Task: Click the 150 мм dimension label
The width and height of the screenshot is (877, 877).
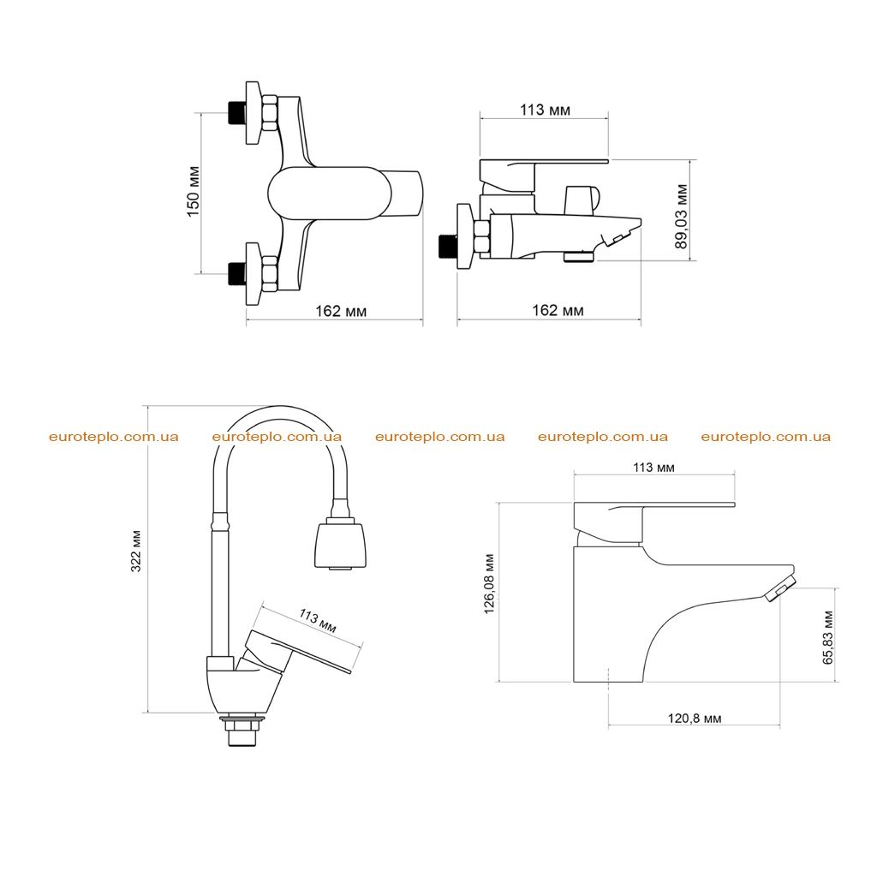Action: click(193, 191)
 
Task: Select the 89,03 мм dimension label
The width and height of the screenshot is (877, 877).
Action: click(681, 216)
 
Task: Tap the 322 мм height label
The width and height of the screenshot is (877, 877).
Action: click(136, 551)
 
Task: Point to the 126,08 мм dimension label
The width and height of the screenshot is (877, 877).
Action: click(489, 584)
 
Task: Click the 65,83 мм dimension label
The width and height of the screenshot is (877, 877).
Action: click(828, 637)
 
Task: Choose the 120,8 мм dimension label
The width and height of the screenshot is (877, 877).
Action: click(695, 719)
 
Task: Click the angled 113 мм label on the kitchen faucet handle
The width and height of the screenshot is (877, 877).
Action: click(318, 621)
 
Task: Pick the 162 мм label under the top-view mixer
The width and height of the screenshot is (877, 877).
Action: click(341, 311)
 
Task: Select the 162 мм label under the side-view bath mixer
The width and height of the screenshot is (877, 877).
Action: click(558, 310)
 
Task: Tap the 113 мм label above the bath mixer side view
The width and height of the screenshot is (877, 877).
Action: click(546, 110)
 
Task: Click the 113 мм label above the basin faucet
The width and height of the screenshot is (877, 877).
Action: click(653, 467)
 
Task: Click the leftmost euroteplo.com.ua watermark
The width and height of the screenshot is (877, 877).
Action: click(114, 437)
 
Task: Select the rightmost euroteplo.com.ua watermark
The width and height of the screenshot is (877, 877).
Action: click(766, 437)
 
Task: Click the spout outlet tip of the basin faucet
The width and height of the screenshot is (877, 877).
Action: click(779, 589)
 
